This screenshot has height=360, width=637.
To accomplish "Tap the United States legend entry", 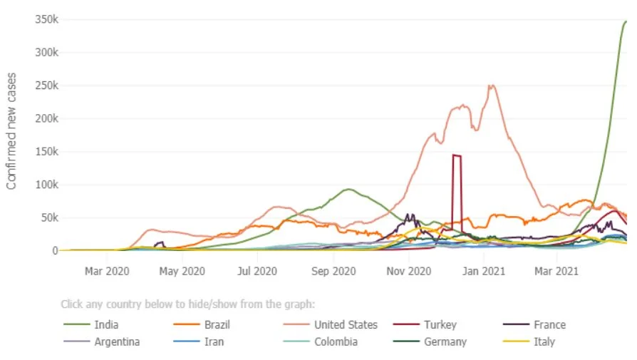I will point(346,325).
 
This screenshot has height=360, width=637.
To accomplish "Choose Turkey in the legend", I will point(440,325).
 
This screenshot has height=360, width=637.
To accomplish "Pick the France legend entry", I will point(549,325).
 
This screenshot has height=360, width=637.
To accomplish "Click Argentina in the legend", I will point(117,341).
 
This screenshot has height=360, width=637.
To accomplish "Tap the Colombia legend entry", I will point(336,341).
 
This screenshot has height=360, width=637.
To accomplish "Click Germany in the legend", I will point(445,341).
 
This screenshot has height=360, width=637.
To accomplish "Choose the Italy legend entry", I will point(544,341).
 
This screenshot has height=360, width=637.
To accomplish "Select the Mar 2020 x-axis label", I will point(107,271).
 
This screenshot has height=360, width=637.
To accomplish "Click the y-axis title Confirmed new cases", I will point(11,131).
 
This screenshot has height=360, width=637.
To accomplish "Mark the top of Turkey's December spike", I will point(456,155).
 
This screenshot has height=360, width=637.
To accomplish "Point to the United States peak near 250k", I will point(491,86).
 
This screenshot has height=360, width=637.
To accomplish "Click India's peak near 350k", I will point(625,22).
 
